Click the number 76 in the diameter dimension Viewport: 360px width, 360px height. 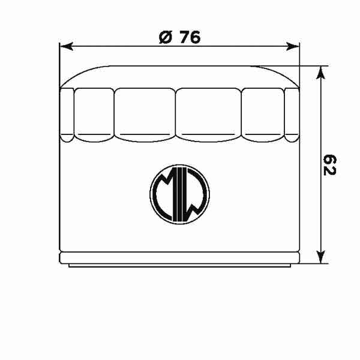188,37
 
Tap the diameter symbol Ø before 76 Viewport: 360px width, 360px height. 166,37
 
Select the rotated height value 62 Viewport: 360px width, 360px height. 329,165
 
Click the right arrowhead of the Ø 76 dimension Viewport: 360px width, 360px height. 293,46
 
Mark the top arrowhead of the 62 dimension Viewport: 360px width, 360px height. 322,72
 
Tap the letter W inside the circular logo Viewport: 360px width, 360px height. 194,198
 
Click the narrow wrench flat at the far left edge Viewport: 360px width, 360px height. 67,114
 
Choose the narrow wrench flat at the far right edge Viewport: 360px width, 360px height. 292,114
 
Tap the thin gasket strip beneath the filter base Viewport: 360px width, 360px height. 179,265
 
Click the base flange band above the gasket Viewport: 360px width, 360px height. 179,257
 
